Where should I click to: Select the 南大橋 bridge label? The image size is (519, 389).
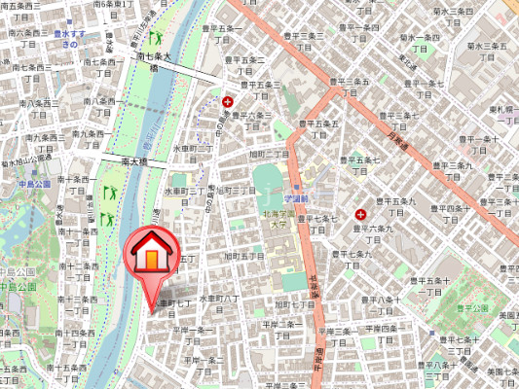[x=133, y=160]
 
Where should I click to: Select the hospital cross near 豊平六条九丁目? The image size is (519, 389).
[x=361, y=213]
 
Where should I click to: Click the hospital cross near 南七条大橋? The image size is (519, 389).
[x=228, y=100]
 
